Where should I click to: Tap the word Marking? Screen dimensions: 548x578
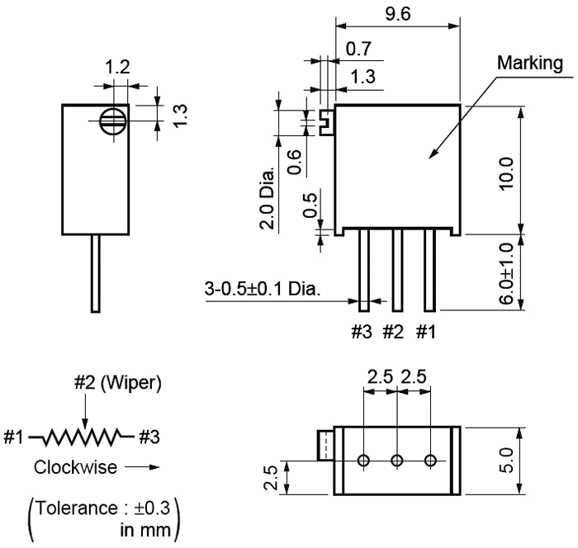click(x=530, y=63)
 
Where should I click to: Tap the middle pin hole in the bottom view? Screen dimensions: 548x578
click(x=397, y=461)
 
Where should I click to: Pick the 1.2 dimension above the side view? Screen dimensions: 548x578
click(x=118, y=68)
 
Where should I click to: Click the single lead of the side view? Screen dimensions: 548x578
click(x=96, y=273)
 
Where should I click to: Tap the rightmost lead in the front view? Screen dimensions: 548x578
click(x=429, y=269)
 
